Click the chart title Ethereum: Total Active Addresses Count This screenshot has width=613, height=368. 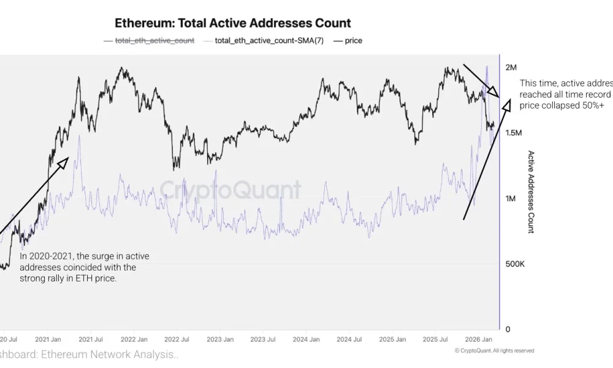233,23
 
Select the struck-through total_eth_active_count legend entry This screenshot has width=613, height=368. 154,40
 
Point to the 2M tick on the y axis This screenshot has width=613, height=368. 511,67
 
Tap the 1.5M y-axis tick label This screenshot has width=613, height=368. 514,132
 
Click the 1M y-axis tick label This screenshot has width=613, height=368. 511,198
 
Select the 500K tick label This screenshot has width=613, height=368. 514,264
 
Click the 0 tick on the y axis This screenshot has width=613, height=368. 508,329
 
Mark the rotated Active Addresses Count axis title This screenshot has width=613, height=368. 531,192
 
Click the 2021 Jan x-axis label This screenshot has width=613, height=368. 47,339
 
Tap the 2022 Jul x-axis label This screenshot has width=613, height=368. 176,339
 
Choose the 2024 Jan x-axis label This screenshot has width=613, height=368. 306,339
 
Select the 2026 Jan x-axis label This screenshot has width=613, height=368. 479,339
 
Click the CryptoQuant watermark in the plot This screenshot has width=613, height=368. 230,190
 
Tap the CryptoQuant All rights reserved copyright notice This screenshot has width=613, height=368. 494,351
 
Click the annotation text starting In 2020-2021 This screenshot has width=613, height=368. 84,267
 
